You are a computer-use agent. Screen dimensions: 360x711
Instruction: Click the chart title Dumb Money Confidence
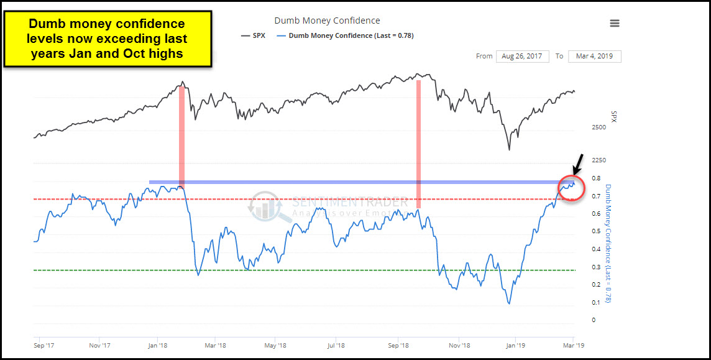(x=327, y=21)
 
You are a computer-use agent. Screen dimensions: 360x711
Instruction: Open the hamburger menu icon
(x=614, y=23)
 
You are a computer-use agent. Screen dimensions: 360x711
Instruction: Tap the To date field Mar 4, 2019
(x=594, y=56)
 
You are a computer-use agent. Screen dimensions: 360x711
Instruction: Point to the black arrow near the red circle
(x=578, y=164)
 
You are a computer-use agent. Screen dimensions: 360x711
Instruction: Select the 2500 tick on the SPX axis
(x=599, y=127)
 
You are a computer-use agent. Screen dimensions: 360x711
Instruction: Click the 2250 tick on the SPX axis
(x=599, y=160)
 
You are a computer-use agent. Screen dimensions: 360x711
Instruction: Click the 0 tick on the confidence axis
(x=594, y=320)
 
